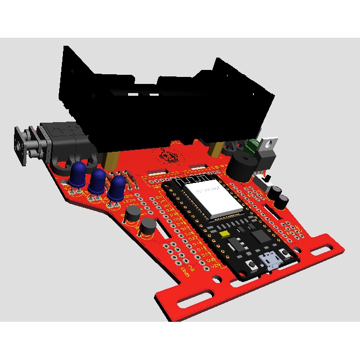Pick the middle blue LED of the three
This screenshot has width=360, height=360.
97,181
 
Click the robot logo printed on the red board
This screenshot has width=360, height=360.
170,156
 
